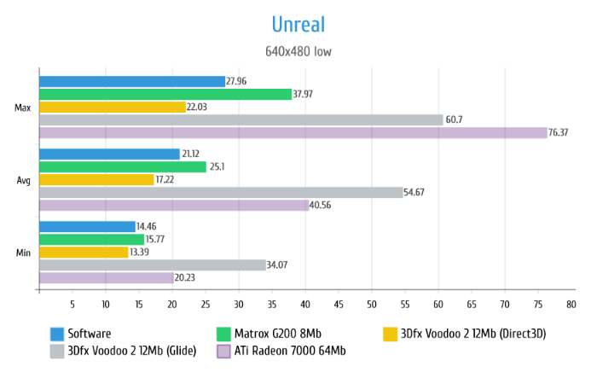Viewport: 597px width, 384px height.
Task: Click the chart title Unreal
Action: click(298, 23)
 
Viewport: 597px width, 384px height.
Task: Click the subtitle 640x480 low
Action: click(298, 51)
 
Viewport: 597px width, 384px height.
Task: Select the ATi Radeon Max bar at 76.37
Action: click(293, 132)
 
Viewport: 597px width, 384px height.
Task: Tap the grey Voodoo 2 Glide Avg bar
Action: click(221, 192)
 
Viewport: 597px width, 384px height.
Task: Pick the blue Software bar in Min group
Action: click(87, 226)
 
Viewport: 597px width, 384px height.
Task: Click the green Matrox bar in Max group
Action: click(165, 94)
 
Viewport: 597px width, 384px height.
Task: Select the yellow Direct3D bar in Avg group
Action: click(96, 179)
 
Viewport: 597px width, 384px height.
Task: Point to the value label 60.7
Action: click(455, 119)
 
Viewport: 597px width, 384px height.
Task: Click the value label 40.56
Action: click(322, 205)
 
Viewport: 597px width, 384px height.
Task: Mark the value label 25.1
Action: click(218, 166)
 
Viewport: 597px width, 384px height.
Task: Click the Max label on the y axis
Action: click(23, 108)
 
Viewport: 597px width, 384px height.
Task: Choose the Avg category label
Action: click(24, 180)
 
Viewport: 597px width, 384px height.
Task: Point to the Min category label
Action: click(24, 253)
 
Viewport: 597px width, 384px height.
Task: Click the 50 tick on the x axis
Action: click(372, 304)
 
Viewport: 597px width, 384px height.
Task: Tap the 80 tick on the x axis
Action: click(571, 304)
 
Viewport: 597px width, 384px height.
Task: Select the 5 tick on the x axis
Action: click(72, 304)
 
